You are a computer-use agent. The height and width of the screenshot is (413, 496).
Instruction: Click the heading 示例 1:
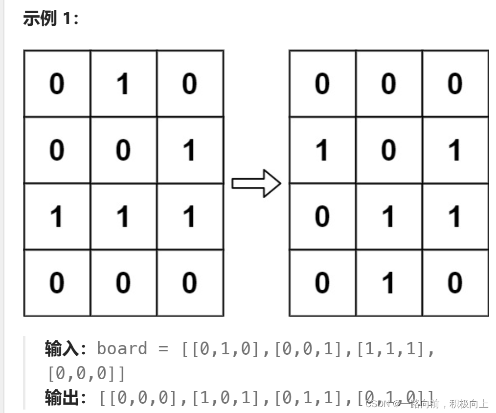coord(50,20)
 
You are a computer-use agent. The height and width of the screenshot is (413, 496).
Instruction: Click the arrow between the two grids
coord(256,184)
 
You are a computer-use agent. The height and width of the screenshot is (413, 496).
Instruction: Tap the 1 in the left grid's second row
coord(190,150)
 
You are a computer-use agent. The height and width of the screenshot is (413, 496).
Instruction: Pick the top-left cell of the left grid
coord(57,84)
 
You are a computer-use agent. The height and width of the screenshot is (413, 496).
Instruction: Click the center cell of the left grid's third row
coord(123,216)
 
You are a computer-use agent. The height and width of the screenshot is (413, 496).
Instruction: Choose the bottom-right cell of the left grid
coord(190,283)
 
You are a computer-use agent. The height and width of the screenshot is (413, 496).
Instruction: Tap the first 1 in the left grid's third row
coord(57,216)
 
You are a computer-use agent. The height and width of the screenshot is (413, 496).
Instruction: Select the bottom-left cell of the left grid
coord(57,283)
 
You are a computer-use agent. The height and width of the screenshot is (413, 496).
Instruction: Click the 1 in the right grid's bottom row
coord(389,283)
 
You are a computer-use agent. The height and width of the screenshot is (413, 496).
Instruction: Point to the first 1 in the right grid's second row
coord(322,150)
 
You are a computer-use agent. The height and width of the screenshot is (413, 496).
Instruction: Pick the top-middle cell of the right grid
coord(389,84)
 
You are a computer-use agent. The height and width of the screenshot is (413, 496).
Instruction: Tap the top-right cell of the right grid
coord(455,84)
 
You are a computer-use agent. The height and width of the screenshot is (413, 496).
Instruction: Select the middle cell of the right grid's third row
coord(389,216)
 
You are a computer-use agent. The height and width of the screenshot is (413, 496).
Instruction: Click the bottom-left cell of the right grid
coord(322,283)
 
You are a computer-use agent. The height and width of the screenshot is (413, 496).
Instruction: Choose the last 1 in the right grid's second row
coord(455,150)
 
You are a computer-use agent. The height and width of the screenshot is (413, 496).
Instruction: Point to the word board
coord(122,349)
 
